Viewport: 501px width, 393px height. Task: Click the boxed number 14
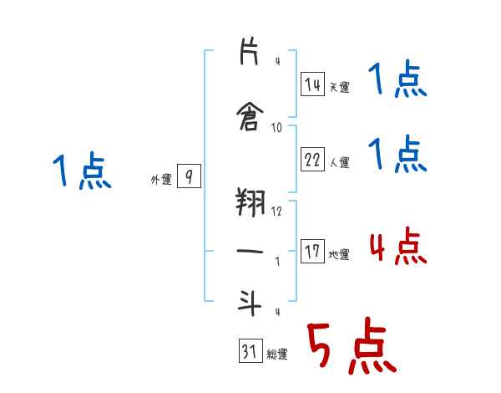tap(312, 84)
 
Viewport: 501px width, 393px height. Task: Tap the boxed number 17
tap(312, 252)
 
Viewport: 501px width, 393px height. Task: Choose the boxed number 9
tap(190, 176)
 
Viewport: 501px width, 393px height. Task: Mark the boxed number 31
tap(250, 352)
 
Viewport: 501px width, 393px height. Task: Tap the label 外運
tap(161, 180)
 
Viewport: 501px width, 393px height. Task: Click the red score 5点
tap(351, 347)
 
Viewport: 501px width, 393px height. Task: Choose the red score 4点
tap(397, 247)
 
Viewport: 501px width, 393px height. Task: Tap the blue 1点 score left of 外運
tap(81, 172)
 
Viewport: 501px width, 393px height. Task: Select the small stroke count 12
tap(277, 211)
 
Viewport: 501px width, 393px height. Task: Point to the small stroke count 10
tap(277, 127)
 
